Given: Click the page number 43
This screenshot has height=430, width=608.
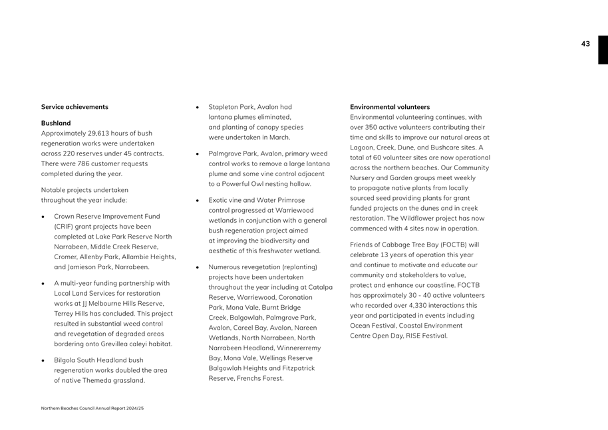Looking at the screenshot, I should (x=585, y=44).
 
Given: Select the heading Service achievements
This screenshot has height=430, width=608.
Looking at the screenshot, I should (x=75, y=107).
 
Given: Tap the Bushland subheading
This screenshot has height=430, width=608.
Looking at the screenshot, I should (x=56, y=123).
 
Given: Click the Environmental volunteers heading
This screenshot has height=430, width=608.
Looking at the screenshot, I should (x=390, y=107).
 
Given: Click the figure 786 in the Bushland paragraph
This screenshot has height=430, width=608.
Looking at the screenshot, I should (x=80, y=163).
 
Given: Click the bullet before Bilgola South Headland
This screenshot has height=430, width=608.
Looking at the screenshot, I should (x=43, y=361).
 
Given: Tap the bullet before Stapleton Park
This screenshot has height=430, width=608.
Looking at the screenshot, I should (x=198, y=107).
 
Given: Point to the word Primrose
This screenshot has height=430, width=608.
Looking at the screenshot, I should (x=289, y=200).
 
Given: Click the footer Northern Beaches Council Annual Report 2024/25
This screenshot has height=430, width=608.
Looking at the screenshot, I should (x=92, y=408).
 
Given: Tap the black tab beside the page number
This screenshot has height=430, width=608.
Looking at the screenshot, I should (x=603, y=50).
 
